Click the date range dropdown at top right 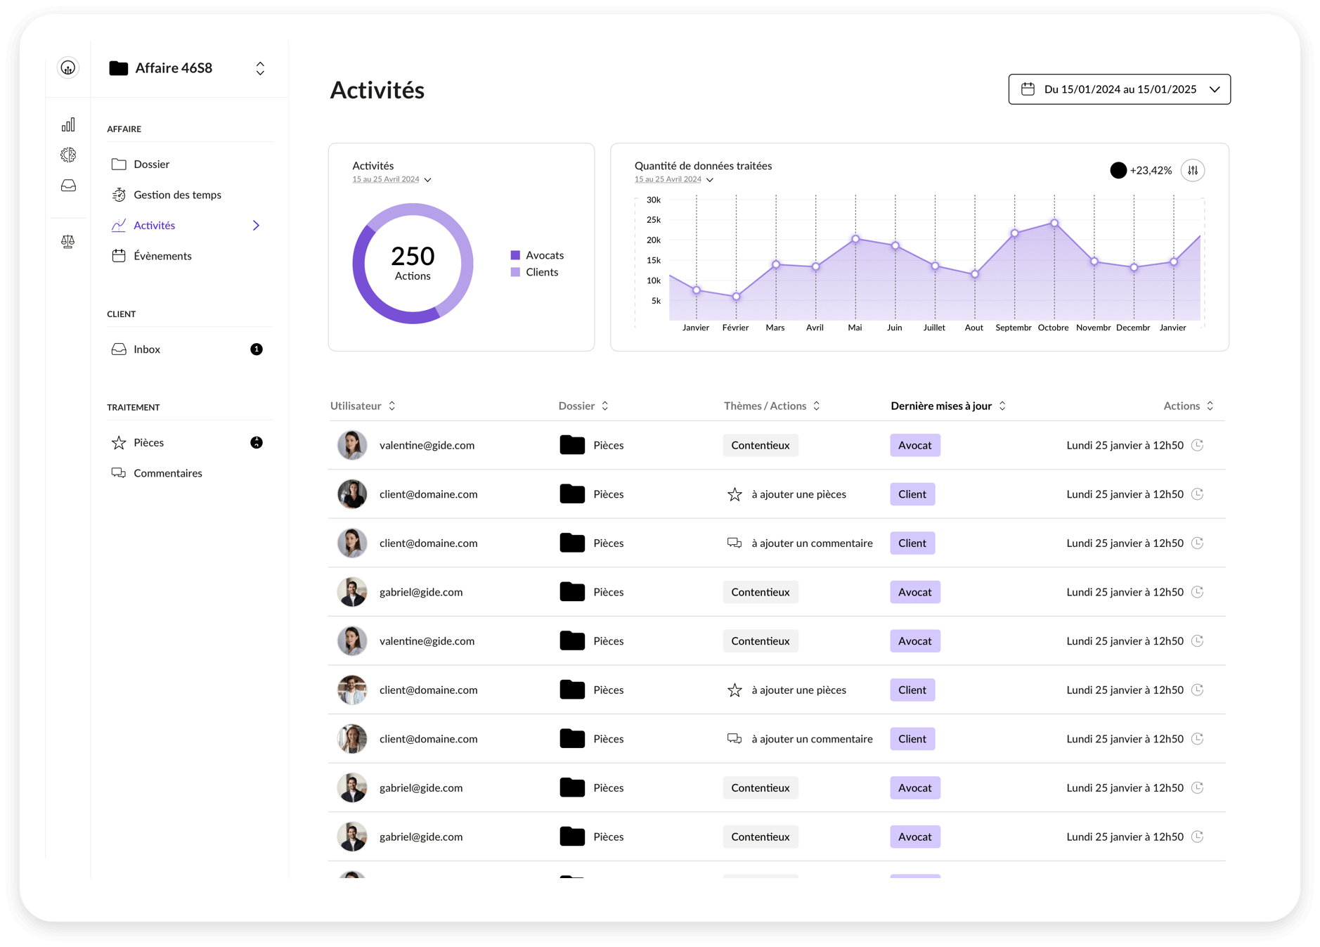[1119, 89]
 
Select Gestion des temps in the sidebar [177, 195]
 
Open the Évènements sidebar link [162, 256]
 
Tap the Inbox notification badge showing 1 [257, 349]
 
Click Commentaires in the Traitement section [167, 473]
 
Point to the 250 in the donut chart [413, 256]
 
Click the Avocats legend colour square [515, 255]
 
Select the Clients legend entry [541, 272]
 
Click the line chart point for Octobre [1054, 223]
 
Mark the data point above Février [736, 297]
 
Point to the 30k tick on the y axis [654, 200]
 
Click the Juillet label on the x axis [934, 328]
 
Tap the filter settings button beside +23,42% [1193, 170]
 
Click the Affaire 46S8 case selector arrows [260, 68]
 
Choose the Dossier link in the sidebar [151, 164]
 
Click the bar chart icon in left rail [68, 125]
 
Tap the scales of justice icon [68, 242]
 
